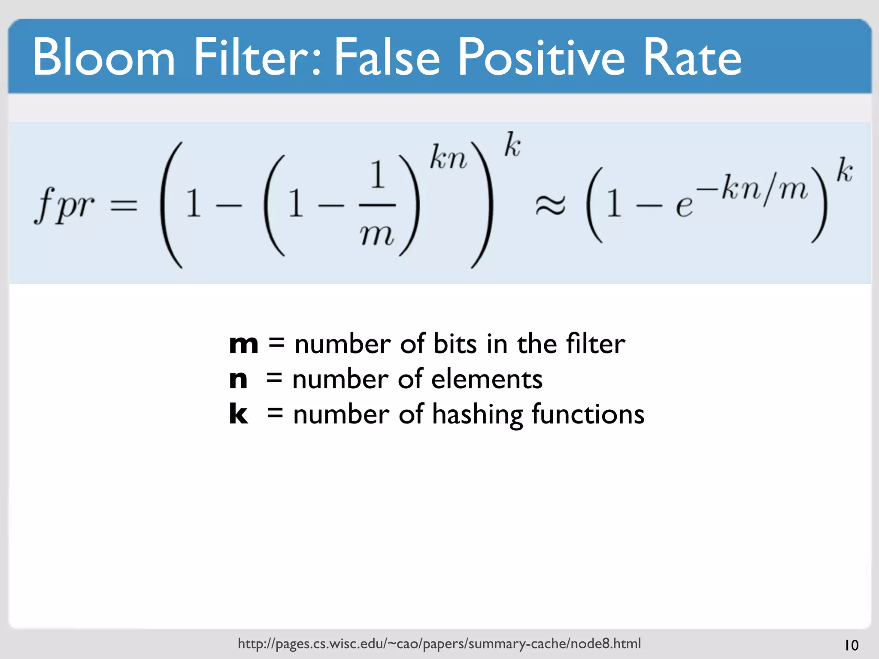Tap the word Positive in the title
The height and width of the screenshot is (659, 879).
tap(541, 57)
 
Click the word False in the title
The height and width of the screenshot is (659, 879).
tap(386, 57)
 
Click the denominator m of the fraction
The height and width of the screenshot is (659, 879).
tap(377, 236)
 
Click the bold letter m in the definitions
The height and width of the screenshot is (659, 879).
tap(243, 344)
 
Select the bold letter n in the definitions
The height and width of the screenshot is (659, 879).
tap(238, 380)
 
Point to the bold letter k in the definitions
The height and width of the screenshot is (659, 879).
tap(238, 414)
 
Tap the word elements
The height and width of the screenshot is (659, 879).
tap(486, 380)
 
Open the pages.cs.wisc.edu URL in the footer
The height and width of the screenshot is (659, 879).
tap(439, 644)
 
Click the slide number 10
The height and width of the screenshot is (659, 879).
tap(851, 645)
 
